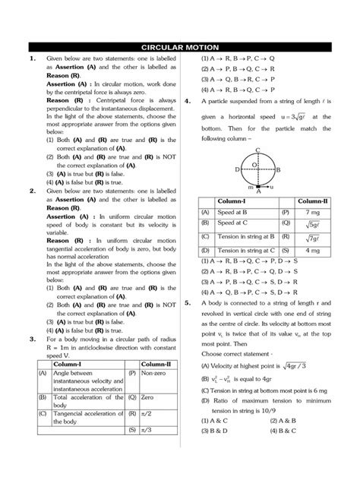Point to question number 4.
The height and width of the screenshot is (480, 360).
[188, 99]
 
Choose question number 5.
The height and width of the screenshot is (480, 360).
[188, 302]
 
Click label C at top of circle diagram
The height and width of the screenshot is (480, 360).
[258, 150]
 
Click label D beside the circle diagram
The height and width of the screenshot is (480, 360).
[238, 169]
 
